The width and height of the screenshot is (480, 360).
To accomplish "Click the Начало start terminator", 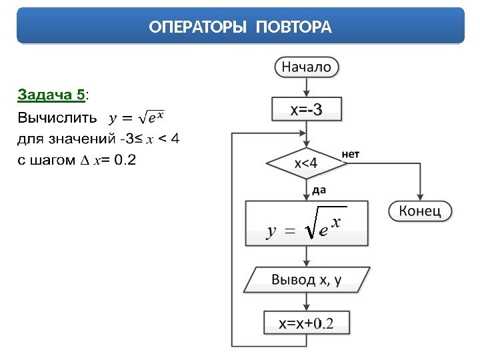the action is [x=306, y=67].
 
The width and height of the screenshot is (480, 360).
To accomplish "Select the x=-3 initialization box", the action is [x=306, y=109].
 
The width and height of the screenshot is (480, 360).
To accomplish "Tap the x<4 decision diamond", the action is [x=306, y=163].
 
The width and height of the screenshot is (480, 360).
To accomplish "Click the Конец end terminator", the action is [x=420, y=211].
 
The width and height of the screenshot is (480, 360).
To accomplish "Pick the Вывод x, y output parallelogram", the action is [x=306, y=280].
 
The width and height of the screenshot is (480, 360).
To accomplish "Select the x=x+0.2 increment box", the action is [x=306, y=323].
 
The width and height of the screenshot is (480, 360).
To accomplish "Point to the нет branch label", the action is [x=351, y=154].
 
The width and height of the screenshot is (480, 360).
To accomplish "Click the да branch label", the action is [x=319, y=190].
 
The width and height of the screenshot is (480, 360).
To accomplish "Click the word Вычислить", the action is [x=50, y=118].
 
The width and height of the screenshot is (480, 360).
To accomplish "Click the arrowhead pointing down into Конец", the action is [x=420, y=197].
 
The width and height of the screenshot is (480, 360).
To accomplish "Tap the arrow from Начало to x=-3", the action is [x=306, y=87].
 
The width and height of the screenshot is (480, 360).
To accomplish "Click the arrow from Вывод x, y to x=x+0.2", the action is [x=306, y=301].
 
